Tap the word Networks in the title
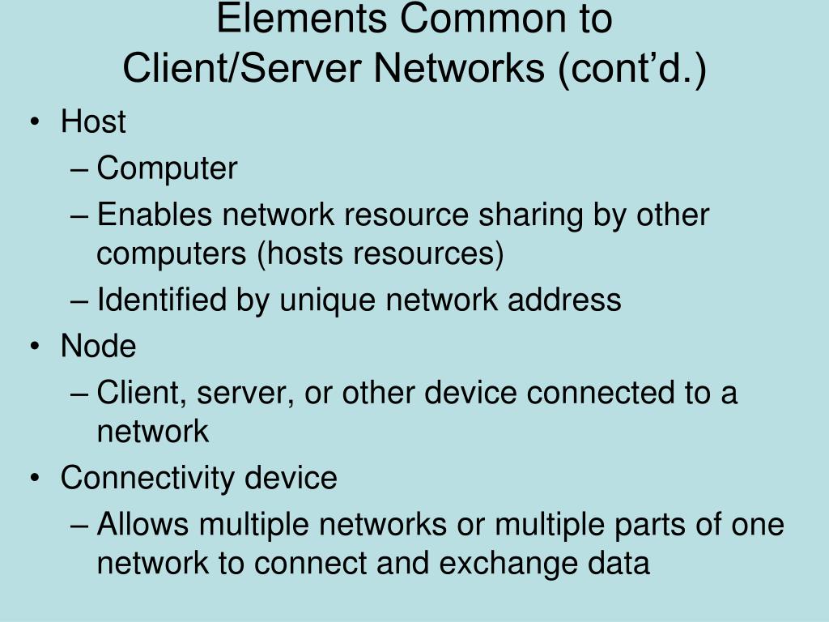point(460,69)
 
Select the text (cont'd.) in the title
point(631,69)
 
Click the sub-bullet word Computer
point(167,169)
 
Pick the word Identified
point(162,300)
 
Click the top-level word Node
point(99,347)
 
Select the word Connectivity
point(148,479)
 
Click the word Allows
point(142,525)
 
